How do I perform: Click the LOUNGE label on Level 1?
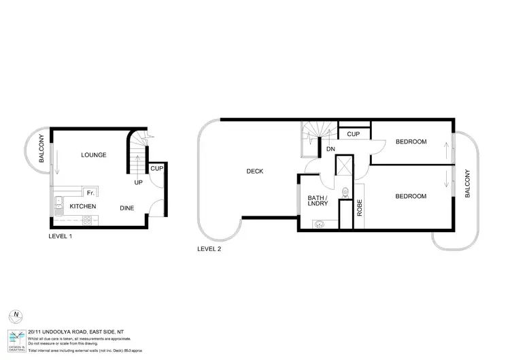pos(94,155)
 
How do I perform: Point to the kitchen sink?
pos(58,201)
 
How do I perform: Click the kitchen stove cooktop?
pos(87,219)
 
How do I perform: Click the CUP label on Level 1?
pos(156,168)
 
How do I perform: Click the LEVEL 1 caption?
pos(61,237)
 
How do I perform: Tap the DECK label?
pos(254,171)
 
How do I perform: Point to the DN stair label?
pos(330,148)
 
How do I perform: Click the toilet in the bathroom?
pos(345,192)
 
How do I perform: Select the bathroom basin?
pos(318,223)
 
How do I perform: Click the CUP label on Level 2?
pos(353,134)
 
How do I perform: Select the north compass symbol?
pos(14,316)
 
